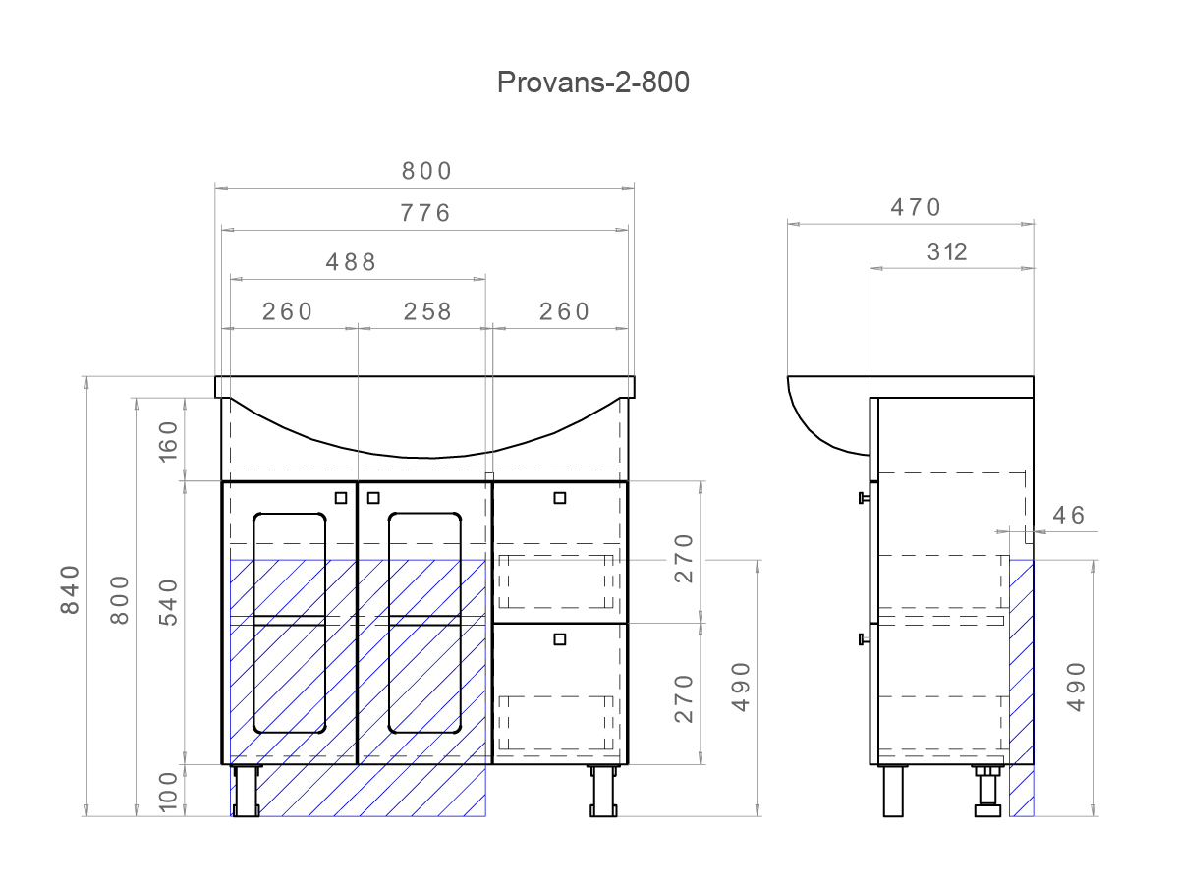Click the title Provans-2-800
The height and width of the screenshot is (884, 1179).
coord(592,83)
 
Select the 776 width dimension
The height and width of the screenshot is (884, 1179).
coord(425,212)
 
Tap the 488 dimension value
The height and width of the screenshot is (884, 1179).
coord(351,261)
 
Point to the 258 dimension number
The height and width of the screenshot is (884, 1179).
coord(428,311)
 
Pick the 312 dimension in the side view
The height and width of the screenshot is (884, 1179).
coord(947,251)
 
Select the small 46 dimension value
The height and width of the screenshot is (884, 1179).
coord(1069,515)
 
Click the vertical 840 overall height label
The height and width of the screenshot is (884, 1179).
coord(69,589)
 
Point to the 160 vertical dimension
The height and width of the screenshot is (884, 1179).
coord(167,440)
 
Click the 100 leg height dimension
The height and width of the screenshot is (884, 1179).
coord(167,792)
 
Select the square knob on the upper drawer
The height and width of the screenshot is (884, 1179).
coord(560,498)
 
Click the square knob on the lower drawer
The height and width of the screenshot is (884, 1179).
coord(560,639)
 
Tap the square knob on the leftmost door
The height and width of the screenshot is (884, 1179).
coord(341,498)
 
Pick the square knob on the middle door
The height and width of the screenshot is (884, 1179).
coord(373,498)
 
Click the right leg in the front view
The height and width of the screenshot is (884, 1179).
coord(602,791)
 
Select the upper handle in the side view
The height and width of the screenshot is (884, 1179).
coord(864,498)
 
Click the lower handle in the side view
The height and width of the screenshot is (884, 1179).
coord(864,639)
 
